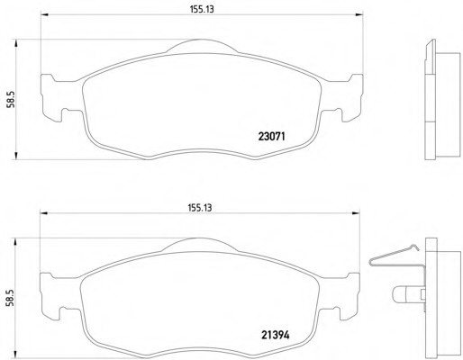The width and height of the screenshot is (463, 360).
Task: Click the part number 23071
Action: pyautogui.click(x=271, y=137)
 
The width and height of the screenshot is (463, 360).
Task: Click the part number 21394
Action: pyautogui.click(x=276, y=335)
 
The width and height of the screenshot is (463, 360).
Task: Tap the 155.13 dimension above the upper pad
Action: pyautogui.click(x=202, y=9)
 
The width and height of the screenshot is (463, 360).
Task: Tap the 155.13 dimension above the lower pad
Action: pyautogui.click(x=200, y=208)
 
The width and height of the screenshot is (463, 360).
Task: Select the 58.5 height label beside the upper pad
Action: pyautogui.click(x=11, y=99)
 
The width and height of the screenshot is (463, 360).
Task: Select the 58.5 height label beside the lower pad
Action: pyautogui.click(x=11, y=298)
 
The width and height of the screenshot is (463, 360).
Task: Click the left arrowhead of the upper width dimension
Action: pyautogui.click(x=44, y=14)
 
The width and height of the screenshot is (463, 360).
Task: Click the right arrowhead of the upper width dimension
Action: pyautogui.click(x=359, y=14)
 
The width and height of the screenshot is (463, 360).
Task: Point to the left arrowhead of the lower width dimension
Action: pyautogui.click(x=44, y=213)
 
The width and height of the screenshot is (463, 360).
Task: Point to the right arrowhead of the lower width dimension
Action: pyautogui.click(x=356, y=213)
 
